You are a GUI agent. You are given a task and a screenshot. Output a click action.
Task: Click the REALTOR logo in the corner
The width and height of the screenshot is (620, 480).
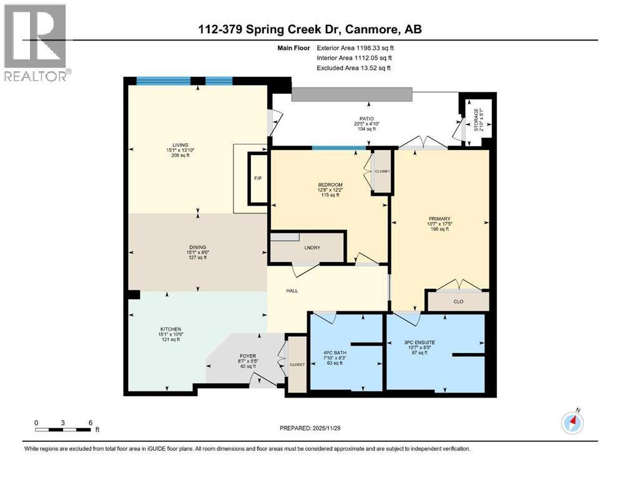point(36,42)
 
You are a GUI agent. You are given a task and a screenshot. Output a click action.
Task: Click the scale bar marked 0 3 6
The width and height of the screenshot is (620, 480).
point(64,429)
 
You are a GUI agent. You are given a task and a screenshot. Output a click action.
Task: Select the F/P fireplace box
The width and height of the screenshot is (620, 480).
point(257,178)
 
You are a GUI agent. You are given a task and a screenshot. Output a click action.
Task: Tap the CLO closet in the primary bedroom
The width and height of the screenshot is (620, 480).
point(459,301)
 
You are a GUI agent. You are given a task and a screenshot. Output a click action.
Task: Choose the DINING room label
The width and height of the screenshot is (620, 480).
point(199,247)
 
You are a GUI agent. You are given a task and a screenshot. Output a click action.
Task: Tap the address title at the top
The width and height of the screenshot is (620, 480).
point(310,29)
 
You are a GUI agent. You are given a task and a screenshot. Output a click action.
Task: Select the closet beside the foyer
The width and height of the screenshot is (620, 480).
point(297,364)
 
